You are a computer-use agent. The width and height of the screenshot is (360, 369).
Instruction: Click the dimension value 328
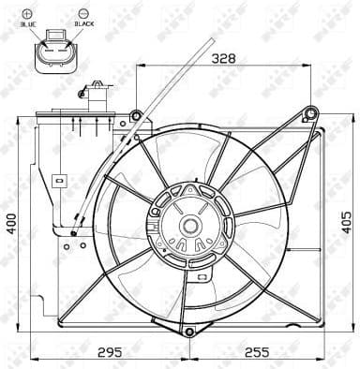tap(222, 57)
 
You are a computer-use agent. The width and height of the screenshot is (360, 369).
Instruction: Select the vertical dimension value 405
tap(346, 222)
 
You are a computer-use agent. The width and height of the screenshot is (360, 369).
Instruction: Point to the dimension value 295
tap(111, 352)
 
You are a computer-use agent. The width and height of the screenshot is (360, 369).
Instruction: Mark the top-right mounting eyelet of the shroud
tap(310, 114)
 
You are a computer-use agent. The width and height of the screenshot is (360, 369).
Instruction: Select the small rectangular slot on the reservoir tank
tap(58, 177)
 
